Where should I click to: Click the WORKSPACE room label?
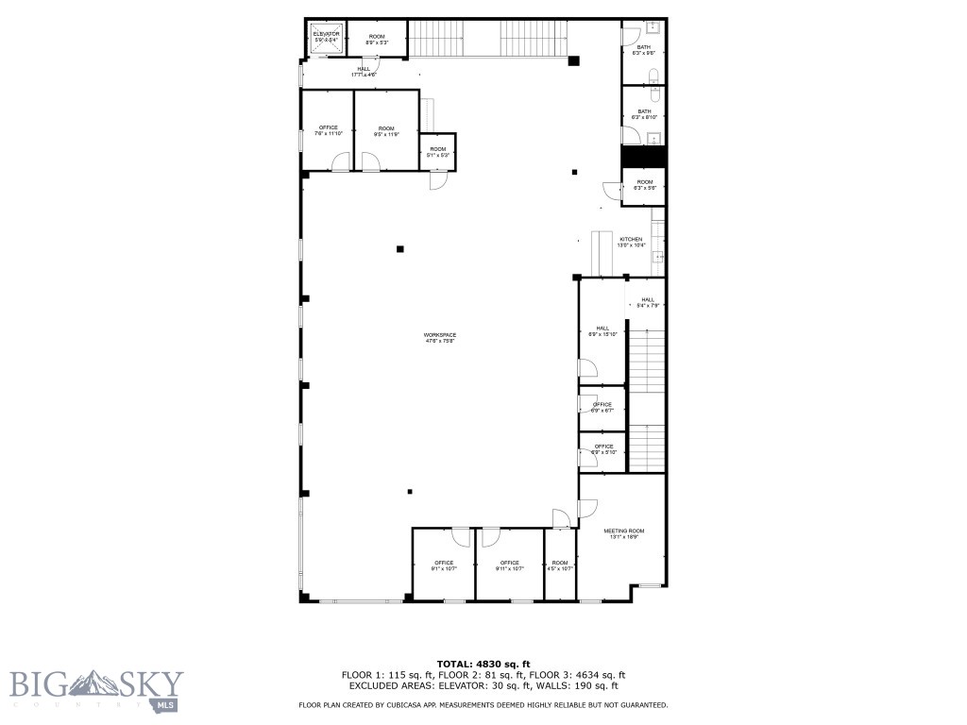coord(439,338)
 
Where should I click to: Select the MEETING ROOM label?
coord(623,533)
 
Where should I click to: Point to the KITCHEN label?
coord(631,243)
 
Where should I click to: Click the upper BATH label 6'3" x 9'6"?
coord(644,49)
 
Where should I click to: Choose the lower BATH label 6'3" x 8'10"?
coord(644,114)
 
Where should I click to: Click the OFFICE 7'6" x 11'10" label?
coord(328,130)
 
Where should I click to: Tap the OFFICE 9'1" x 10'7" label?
coord(444,565)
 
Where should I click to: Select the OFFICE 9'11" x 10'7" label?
coord(509,565)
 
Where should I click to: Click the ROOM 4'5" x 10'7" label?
coord(560,565)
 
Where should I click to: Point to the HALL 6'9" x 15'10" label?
coord(602,331)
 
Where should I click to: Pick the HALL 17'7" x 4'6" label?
coord(364,71)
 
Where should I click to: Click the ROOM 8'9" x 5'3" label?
coord(377,39)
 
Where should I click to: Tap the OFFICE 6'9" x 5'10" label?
coord(602,449)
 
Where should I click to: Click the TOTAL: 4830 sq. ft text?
coord(483,664)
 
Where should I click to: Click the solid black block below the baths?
coord(644,157)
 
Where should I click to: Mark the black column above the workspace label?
coord(400,249)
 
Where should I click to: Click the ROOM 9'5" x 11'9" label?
coord(386,130)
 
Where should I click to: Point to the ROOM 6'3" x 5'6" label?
coord(644,185)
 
